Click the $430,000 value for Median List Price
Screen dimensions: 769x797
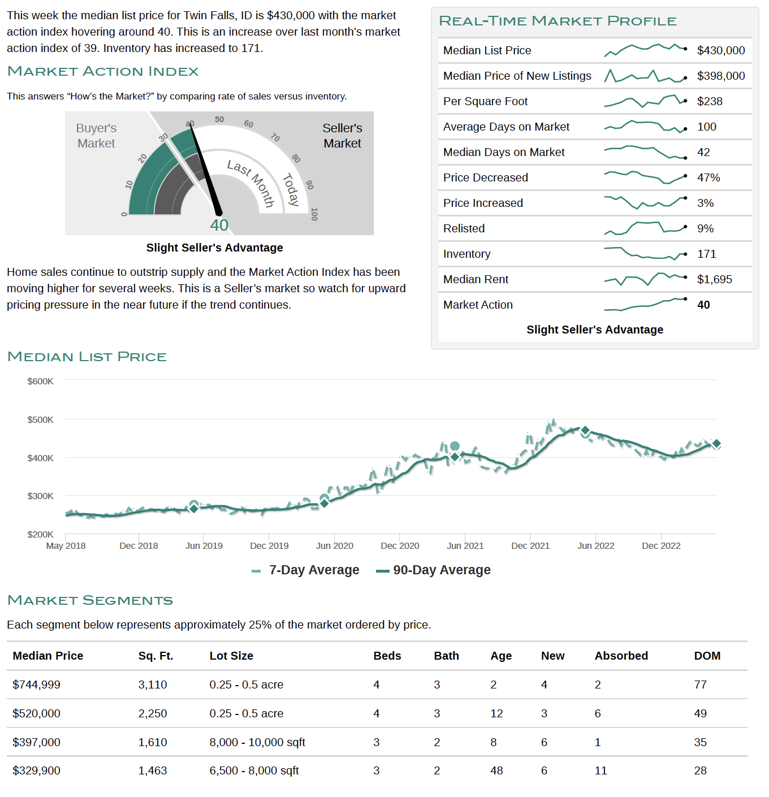click(x=721, y=50)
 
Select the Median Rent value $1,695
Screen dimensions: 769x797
click(x=714, y=279)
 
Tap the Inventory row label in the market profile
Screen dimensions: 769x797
click(x=466, y=254)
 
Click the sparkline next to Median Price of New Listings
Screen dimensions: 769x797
click(x=645, y=76)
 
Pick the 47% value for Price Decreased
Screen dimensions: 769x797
click(x=708, y=177)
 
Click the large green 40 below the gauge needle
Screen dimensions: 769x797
click(x=219, y=226)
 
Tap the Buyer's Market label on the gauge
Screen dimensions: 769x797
click(x=96, y=136)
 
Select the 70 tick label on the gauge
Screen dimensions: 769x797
click(x=275, y=137)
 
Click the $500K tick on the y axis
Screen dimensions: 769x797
click(x=40, y=419)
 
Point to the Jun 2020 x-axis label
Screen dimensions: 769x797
click(x=334, y=545)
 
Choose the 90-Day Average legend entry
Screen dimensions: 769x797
click(x=433, y=570)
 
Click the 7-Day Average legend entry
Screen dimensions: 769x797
click(x=305, y=570)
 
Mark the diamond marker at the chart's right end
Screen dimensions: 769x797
click(x=716, y=444)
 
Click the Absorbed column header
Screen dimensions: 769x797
click(x=621, y=656)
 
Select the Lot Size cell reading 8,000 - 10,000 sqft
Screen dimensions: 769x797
click(x=257, y=742)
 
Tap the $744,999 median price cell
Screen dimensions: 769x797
click(x=36, y=685)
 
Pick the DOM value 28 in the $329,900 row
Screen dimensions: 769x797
click(x=700, y=770)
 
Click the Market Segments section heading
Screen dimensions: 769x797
click(x=90, y=600)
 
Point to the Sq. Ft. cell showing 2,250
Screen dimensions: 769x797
click(x=153, y=713)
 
